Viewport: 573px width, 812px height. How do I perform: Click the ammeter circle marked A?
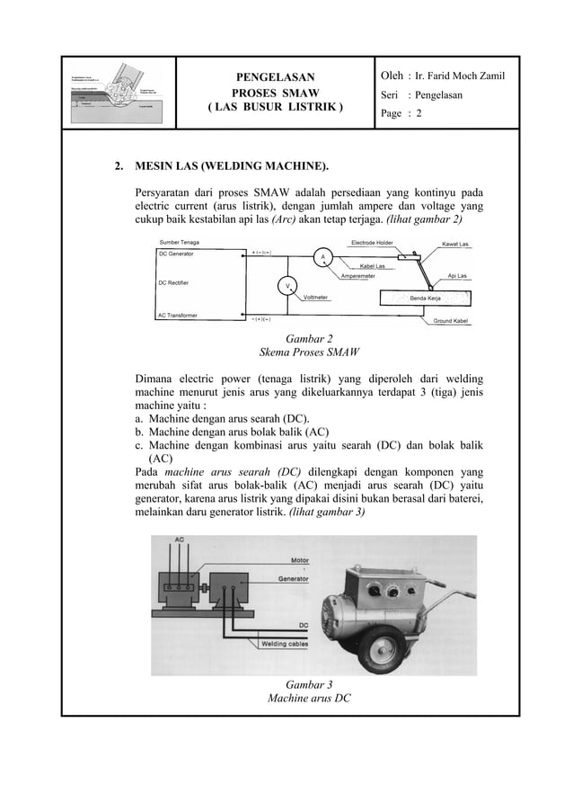321,257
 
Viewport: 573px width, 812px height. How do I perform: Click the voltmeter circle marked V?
287,287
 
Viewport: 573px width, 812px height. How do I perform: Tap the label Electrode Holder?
372,243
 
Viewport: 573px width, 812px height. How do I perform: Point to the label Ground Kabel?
454,321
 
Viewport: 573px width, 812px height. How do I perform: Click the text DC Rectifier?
180,282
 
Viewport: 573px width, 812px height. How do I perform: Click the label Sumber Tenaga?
180,243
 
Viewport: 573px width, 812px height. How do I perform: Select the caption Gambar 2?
309,338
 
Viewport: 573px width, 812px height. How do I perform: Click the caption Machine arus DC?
309,697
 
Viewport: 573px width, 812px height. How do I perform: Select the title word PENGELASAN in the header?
276,79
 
